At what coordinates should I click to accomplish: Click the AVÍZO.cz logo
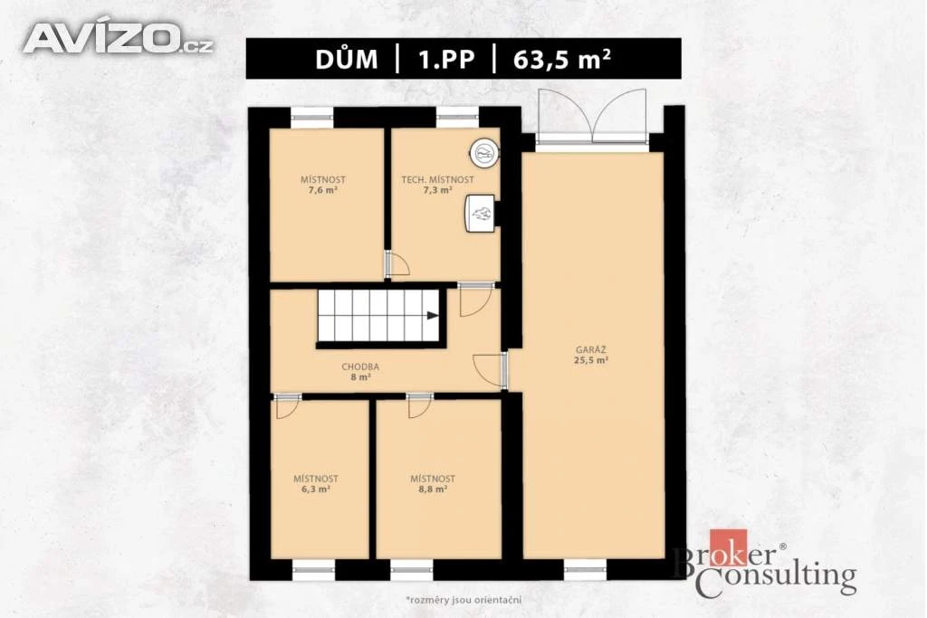click(119, 38)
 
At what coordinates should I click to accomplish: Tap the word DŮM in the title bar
click(347, 59)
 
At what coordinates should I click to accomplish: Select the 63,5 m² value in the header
click(561, 59)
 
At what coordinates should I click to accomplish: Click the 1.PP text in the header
click(446, 60)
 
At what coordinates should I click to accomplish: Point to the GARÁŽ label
click(590, 350)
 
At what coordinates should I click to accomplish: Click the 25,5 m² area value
click(591, 360)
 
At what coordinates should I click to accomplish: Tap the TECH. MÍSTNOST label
click(437, 180)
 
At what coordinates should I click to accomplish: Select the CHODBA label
click(360, 366)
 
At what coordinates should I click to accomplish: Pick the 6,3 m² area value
click(316, 490)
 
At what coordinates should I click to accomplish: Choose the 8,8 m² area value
click(433, 490)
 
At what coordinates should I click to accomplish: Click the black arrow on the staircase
click(433, 316)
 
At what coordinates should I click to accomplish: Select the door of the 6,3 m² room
click(288, 405)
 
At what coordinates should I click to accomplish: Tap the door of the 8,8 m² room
click(419, 405)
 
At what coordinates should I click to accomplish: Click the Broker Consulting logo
click(765, 563)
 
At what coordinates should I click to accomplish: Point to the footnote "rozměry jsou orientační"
click(463, 600)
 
